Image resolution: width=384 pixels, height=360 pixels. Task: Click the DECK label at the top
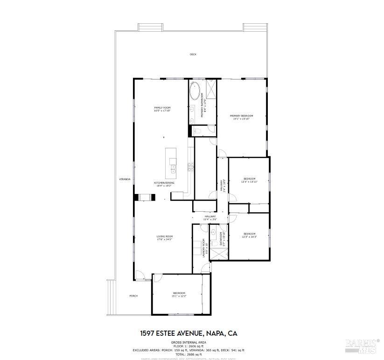pyautogui.click(x=193, y=55)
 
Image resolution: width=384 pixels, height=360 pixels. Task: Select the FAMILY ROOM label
pyautogui.click(x=162, y=108)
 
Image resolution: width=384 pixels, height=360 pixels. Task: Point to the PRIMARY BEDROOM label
pyautogui.click(x=242, y=116)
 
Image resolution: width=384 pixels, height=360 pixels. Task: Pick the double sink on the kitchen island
pyautogui.click(x=173, y=167)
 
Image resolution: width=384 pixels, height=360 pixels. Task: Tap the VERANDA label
pyautogui.click(x=125, y=179)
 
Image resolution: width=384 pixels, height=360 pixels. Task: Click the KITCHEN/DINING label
pyautogui.click(x=164, y=183)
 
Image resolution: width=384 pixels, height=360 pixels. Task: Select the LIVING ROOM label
pyautogui.click(x=164, y=236)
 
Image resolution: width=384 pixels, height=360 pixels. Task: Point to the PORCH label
pyautogui.click(x=133, y=296)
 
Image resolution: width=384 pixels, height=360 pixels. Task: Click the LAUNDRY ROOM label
pyautogui.click(x=204, y=248)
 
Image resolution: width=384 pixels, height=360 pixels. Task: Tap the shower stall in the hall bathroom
pyautogui.click(x=218, y=253)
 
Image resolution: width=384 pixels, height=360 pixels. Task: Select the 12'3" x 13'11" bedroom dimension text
pyautogui.click(x=249, y=182)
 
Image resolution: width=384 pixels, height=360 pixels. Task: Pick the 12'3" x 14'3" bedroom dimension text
pyautogui.click(x=249, y=237)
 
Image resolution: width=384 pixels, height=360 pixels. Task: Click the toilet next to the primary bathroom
pyautogui.click(x=196, y=132)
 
